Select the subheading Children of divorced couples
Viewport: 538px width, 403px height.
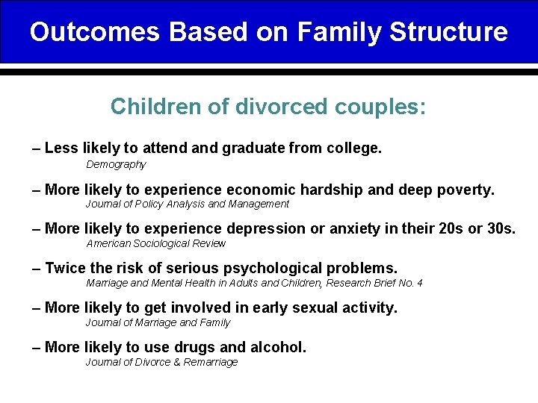pyautogui.click(x=268, y=107)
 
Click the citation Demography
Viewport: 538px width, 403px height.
pyautogui.click(x=116, y=164)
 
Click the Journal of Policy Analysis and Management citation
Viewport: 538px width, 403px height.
pyautogui.click(x=187, y=204)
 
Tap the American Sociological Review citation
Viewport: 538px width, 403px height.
pyautogui.click(x=155, y=243)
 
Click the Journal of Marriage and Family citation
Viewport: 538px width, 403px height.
pyautogui.click(x=158, y=322)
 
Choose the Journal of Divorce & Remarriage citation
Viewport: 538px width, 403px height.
pyautogui.click(x=161, y=362)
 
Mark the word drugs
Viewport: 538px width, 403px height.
pyautogui.click(x=199, y=347)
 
